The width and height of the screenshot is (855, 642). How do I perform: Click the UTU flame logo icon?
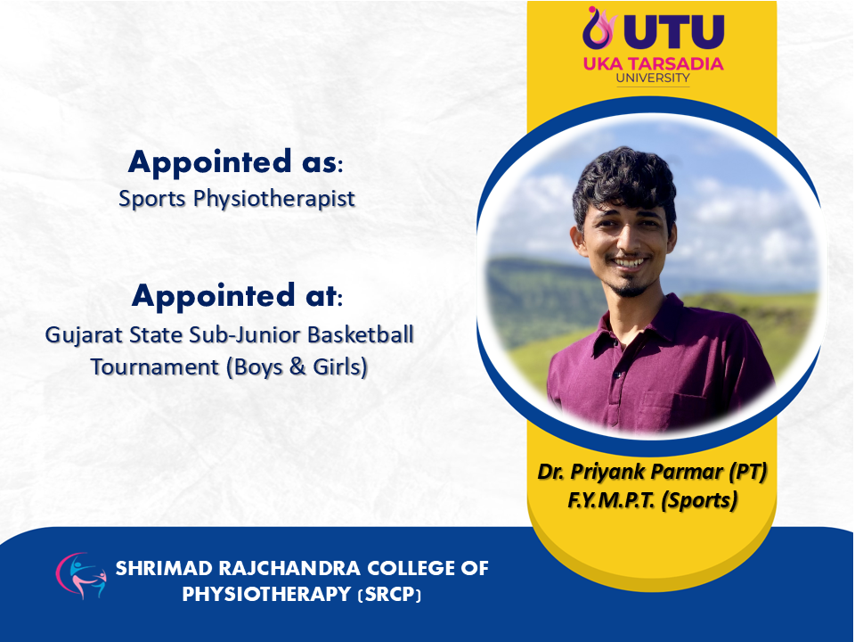point(598,28)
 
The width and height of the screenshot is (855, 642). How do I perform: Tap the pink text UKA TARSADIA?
point(653,63)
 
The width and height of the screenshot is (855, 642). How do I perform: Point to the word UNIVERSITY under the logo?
point(653,78)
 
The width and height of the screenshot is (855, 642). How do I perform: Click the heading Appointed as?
point(235,162)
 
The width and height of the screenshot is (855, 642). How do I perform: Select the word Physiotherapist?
point(274,199)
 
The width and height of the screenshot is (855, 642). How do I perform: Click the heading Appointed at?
point(237,296)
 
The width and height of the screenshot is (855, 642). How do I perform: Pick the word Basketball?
point(361,334)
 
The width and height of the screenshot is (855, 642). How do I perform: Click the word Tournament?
point(155,366)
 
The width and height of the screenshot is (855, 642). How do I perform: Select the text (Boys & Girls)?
point(297,366)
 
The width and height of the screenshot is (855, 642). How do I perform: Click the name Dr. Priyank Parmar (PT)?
point(652,471)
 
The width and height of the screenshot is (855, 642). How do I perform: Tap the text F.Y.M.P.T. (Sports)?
point(652,499)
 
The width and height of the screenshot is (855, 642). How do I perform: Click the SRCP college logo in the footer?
point(81,576)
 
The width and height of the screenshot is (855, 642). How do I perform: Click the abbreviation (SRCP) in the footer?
point(389,594)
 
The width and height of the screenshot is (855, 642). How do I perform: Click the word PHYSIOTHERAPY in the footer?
point(266,594)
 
